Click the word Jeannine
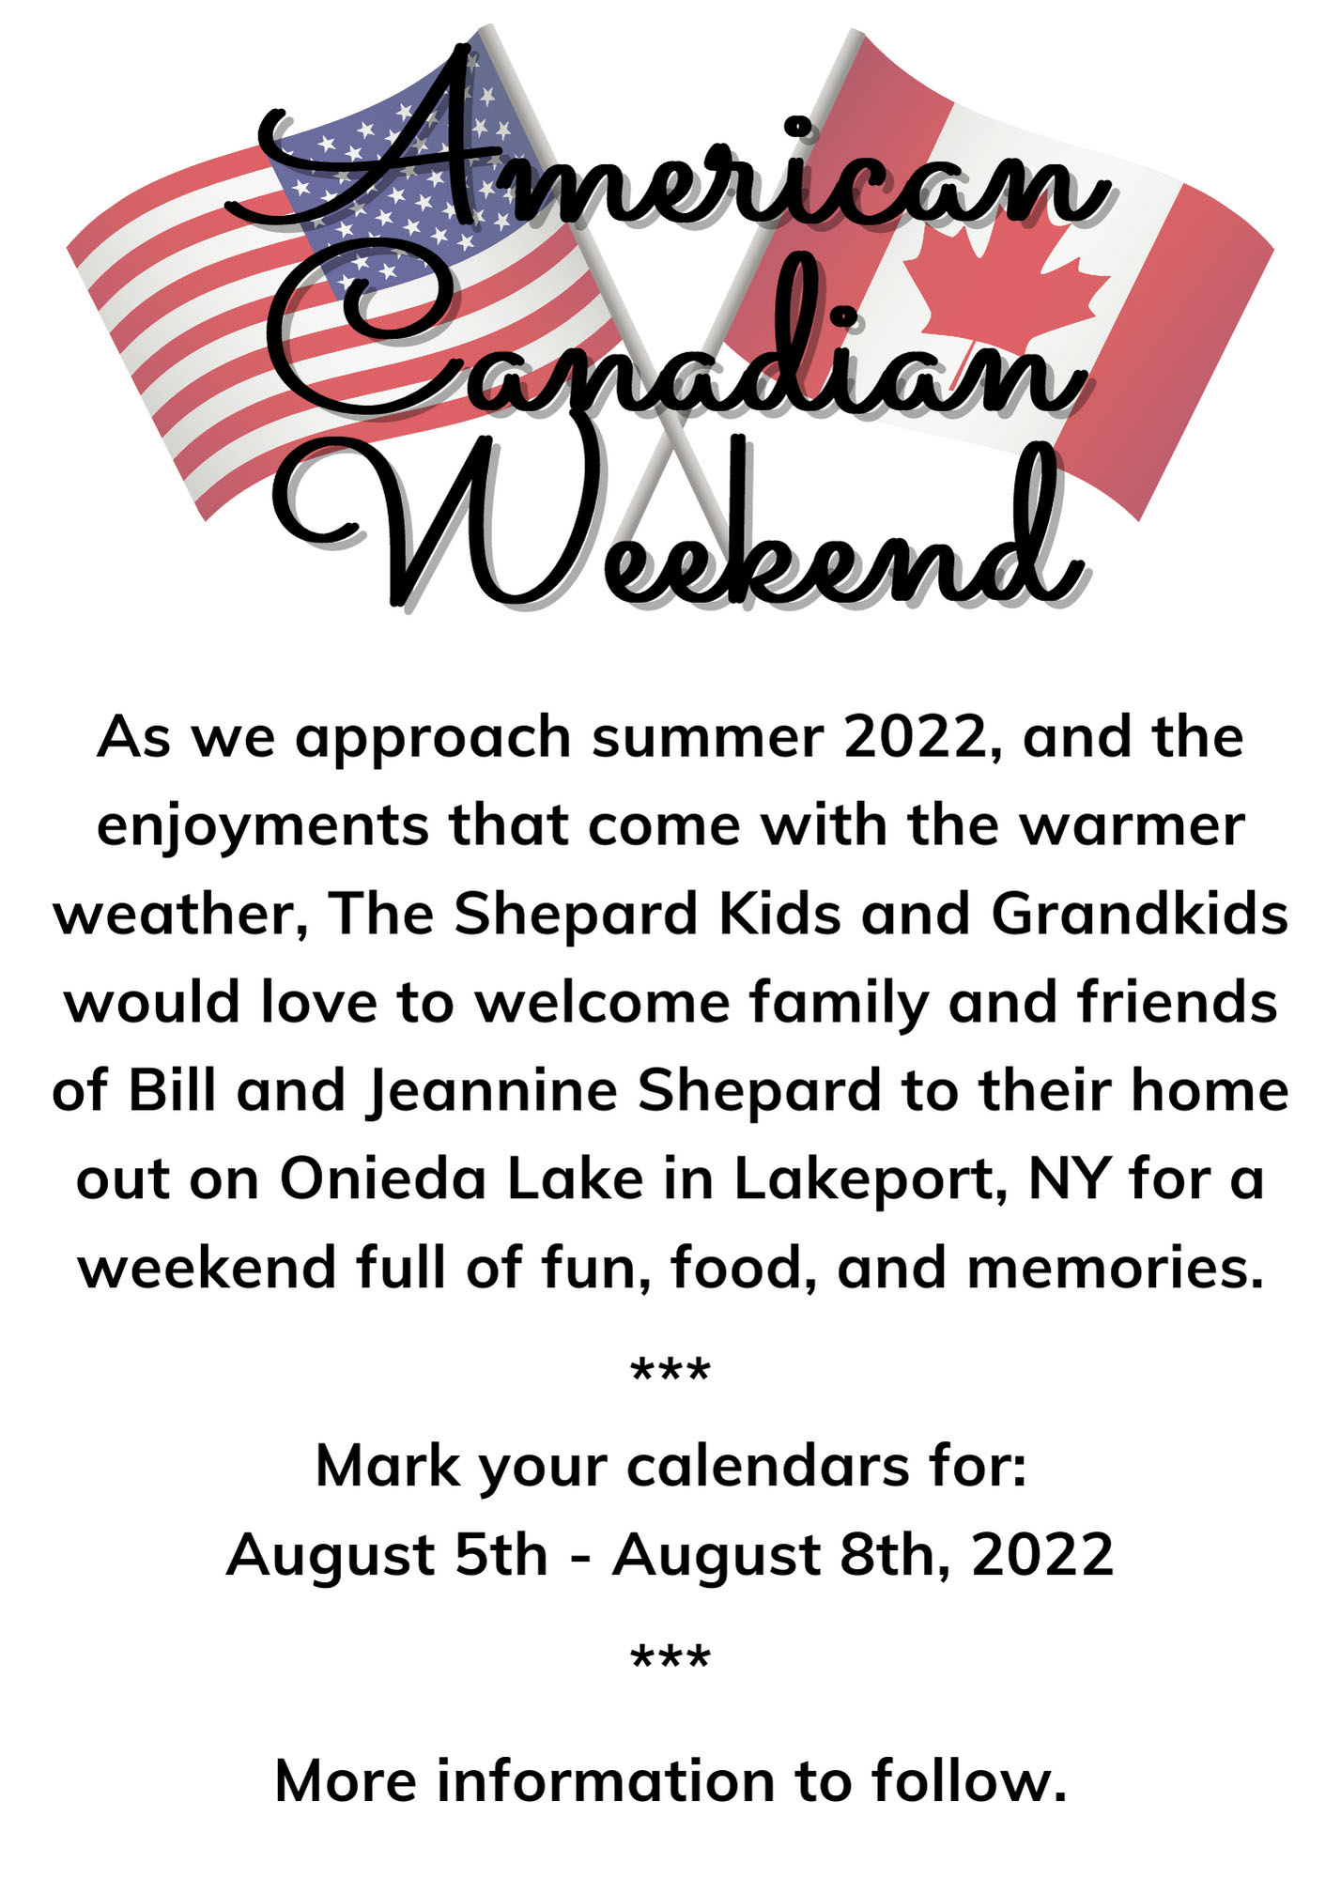click(x=491, y=1092)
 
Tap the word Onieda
click(x=382, y=1178)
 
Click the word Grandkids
click(x=1138, y=914)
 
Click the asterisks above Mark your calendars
click(x=670, y=1372)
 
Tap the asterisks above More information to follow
click(x=670, y=1659)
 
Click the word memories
click(x=1116, y=1269)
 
